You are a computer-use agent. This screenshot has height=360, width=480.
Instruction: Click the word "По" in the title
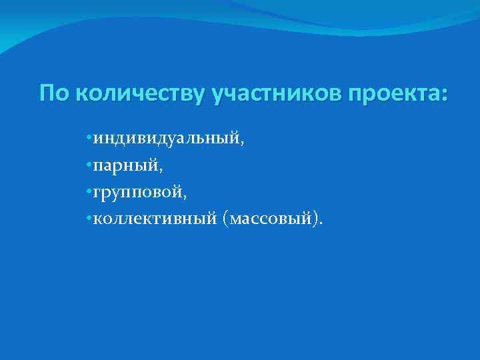(54, 93)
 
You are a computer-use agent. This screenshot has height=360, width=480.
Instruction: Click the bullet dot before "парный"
(89, 166)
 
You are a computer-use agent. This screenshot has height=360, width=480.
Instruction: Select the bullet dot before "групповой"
(89, 193)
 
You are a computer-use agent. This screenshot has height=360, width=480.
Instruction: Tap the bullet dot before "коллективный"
(89, 219)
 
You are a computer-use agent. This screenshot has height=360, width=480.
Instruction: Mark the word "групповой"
(137, 194)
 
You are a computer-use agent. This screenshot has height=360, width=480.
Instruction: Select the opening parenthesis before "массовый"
(227, 221)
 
